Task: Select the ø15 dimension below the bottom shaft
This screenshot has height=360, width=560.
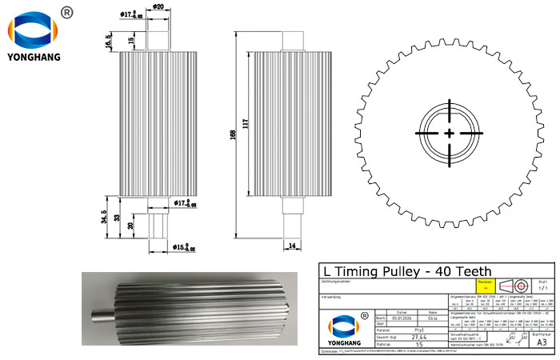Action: pos(184,247)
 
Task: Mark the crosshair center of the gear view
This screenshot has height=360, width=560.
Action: pos(450,133)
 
